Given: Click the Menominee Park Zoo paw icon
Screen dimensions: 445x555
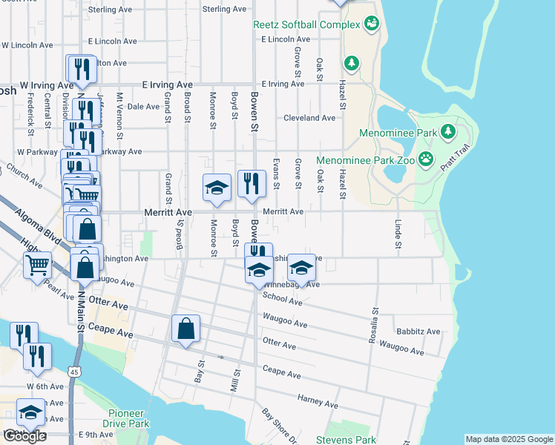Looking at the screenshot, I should point(425,159).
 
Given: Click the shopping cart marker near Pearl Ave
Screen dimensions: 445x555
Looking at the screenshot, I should point(37,264).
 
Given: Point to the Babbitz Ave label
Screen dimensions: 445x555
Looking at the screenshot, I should point(418,332).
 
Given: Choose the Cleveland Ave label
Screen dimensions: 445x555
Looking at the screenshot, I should point(309,118).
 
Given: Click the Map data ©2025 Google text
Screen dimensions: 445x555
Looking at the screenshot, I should point(508,439).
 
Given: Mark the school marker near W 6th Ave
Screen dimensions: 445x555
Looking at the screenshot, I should point(31,412).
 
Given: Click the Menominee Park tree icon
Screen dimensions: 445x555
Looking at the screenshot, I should point(447,133).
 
